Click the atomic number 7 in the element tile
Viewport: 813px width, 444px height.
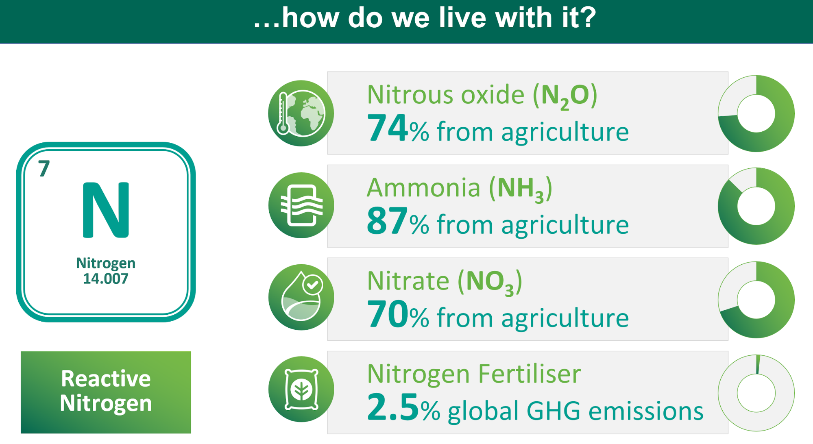click(44, 168)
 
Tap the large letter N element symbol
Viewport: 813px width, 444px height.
click(106, 210)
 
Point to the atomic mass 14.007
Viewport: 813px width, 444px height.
click(106, 279)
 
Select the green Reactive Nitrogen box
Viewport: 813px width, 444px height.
click(106, 392)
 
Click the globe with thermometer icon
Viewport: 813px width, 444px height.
click(301, 113)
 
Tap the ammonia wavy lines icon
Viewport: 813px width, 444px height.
click(301, 205)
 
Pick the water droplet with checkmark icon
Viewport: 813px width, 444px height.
click(301, 297)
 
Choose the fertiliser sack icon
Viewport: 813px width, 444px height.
click(301, 390)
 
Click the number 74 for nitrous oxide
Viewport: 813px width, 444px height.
click(387, 128)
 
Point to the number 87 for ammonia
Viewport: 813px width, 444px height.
click(387, 221)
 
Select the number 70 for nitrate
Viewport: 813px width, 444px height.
click(387, 314)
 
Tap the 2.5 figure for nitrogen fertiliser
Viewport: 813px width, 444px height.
click(393, 407)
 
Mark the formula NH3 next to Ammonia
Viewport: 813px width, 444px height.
click(521, 189)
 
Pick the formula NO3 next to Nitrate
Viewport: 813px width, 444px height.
click(490, 283)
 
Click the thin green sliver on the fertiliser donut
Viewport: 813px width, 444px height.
click(758, 364)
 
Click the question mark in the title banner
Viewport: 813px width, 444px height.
click(586, 18)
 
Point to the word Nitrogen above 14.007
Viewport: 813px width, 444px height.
click(106, 263)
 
